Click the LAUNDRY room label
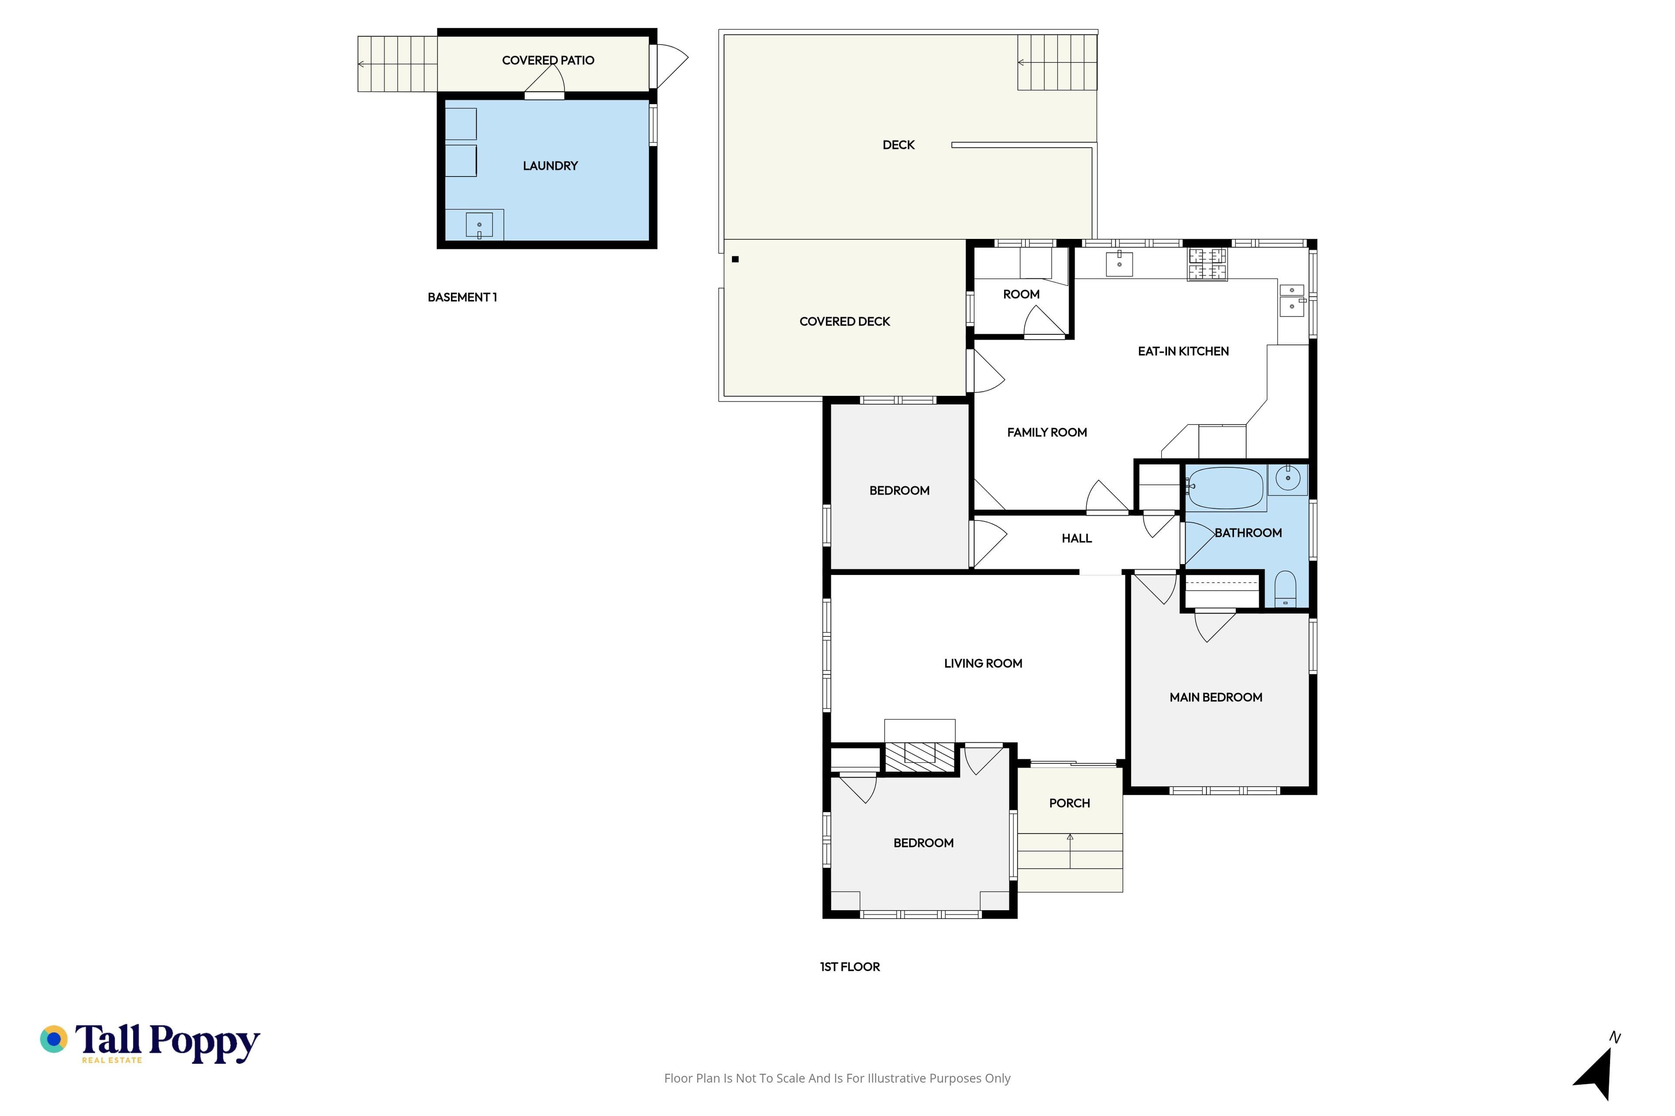pos(550,166)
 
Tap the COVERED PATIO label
pos(548,61)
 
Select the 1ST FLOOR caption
pos(850,966)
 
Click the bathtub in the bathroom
pos(1225,488)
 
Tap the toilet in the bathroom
pos(1285,589)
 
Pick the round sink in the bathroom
pos(1288,478)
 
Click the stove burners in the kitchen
pos(1207,264)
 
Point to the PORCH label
pos(1069,803)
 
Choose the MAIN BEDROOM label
pos(1216,697)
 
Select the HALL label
pos(1076,539)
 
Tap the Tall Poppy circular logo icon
pos(53,1040)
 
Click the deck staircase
pos(1057,63)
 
